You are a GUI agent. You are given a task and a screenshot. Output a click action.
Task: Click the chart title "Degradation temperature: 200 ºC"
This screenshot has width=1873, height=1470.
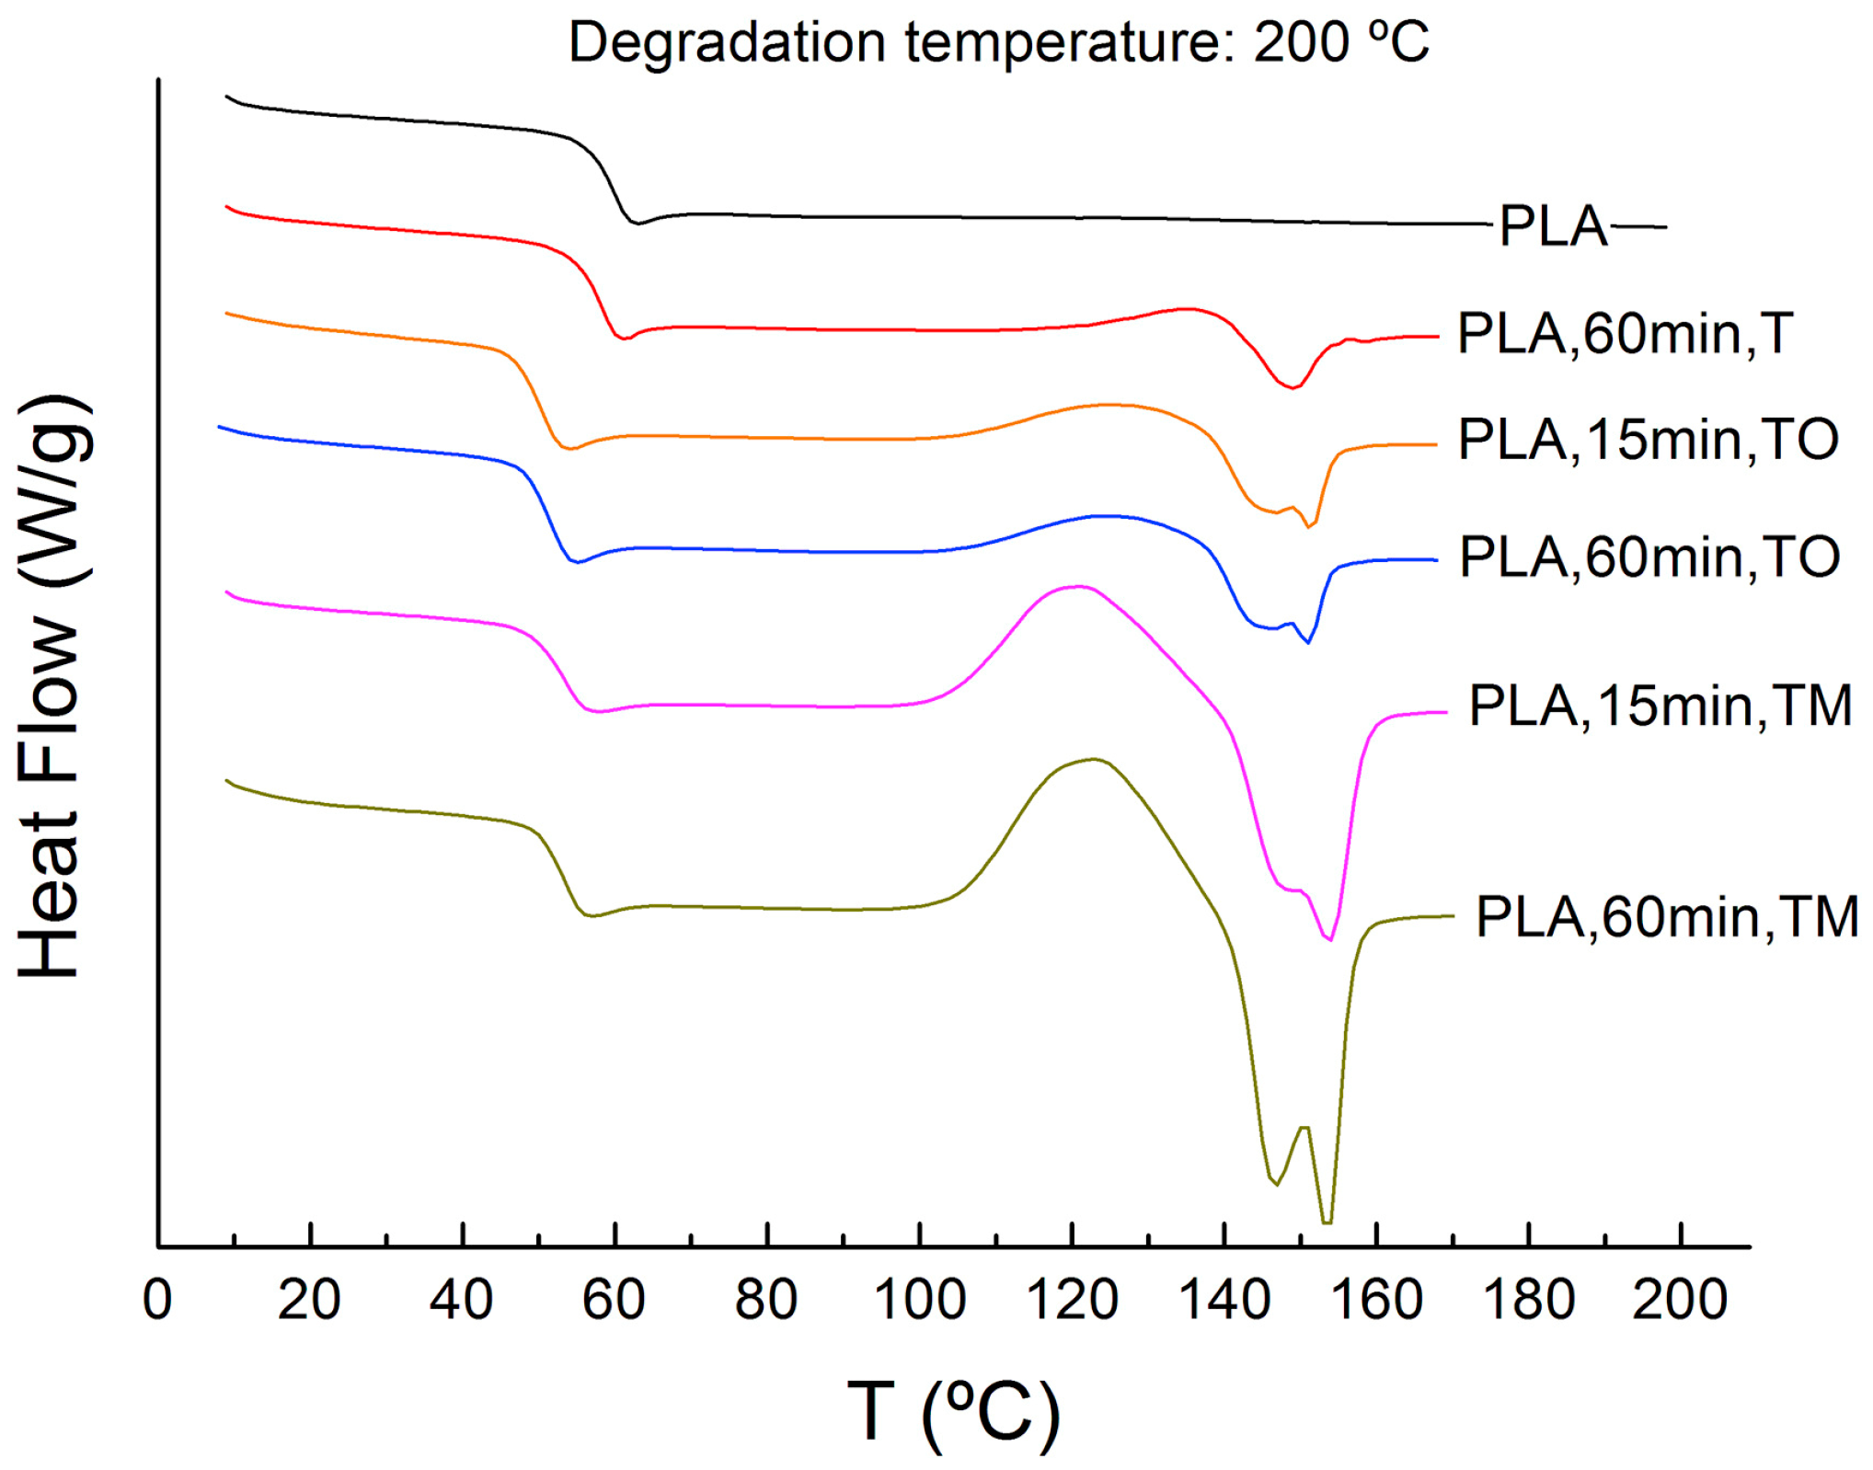coord(999,42)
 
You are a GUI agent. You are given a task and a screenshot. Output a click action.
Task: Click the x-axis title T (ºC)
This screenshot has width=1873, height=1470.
coord(953,1411)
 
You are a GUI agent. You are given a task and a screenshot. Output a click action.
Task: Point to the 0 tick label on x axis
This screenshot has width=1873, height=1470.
coord(157,1300)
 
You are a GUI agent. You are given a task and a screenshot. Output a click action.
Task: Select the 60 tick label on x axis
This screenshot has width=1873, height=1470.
coord(614,1300)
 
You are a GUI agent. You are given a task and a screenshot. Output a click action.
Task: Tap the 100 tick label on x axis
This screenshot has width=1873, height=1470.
coord(918,1300)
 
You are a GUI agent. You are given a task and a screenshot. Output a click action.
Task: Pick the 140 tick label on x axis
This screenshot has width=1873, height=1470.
coord(1224,1300)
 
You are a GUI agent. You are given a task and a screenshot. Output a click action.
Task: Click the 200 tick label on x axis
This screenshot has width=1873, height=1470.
coord(1680,1300)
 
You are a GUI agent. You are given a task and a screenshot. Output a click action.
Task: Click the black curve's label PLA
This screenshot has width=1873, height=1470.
coord(1553,226)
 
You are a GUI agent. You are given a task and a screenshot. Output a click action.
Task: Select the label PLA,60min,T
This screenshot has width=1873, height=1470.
coord(1625,333)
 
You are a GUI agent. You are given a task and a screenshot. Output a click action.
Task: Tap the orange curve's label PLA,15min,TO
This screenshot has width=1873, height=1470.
coord(1648,440)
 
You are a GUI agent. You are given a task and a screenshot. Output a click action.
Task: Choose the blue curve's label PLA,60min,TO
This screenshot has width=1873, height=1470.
coord(1649,557)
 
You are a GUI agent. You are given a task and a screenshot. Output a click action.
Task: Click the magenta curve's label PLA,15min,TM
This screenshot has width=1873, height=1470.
coord(1660,706)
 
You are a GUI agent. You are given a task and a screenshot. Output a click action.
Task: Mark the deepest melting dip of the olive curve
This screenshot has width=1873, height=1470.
coord(1327,1223)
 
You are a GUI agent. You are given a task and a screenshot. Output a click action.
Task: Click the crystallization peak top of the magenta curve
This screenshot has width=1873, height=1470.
coord(1076,586)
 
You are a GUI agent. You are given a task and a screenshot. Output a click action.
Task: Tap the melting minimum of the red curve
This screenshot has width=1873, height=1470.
coord(1292,388)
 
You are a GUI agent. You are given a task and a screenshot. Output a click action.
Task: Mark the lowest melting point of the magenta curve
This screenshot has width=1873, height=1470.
coord(1330,939)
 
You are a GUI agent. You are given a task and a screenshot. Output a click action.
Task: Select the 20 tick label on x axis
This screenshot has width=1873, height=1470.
coord(309,1300)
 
